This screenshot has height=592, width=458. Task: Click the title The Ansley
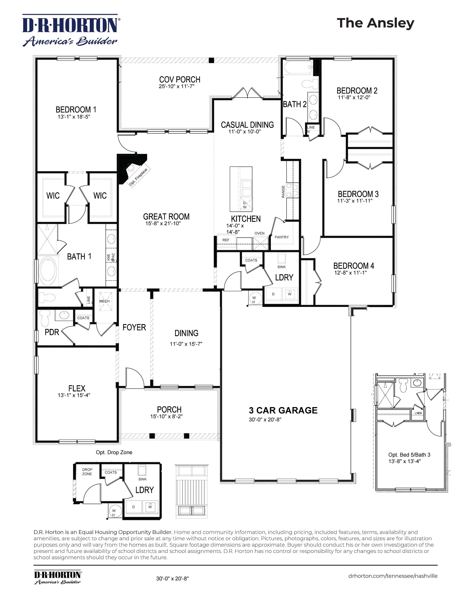[x=375, y=23]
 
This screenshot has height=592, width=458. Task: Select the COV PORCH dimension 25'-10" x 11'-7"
[x=176, y=87]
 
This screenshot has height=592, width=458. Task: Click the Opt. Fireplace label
[x=138, y=177]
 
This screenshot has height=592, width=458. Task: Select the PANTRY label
[x=282, y=237]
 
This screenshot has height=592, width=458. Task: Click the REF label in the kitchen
[x=226, y=240]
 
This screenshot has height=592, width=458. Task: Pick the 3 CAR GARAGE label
[x=283, y=410]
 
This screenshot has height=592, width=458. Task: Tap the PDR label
[x=52, y=332]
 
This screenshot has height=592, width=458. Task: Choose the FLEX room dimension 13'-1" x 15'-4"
[x=74, y=395]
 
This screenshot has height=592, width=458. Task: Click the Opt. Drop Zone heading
[x=114, y=452]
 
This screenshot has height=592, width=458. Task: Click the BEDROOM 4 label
[x=354, y=266]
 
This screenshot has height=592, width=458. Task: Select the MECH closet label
[x=104, y=301]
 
